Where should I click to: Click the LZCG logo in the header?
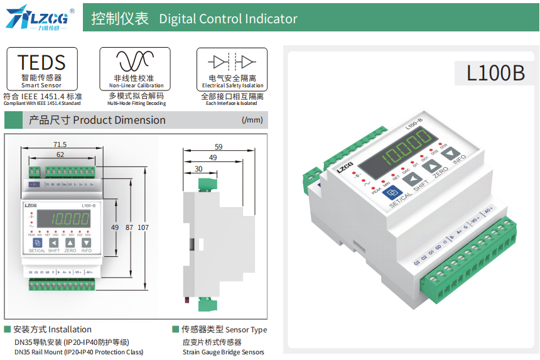(40, 18)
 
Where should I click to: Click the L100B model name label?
(495, 73)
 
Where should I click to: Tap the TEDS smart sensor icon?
(41, 62)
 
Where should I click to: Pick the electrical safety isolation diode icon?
(232, 62)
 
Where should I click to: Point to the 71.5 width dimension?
(60, 145)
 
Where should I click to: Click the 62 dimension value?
(60, 154)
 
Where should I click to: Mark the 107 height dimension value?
(143, 227)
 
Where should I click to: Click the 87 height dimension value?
(129, 227)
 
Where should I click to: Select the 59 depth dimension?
(219, 147)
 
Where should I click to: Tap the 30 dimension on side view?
(198, 168)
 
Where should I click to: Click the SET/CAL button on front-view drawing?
(37, 243)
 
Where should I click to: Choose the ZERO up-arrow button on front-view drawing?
(70, 243)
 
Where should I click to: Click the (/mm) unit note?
(252, 120)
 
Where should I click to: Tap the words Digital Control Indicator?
(228, 19)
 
